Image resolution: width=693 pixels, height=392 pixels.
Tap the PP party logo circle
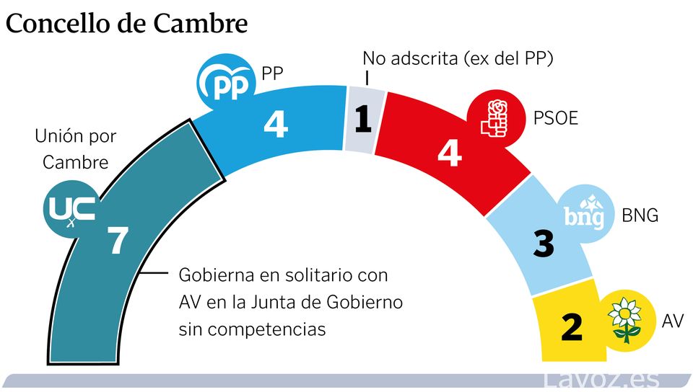pos(227,84)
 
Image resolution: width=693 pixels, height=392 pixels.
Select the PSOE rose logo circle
pos(496,120)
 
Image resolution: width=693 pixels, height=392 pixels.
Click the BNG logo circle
pos(584,214)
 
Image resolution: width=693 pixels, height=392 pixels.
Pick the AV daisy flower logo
pos(624,319)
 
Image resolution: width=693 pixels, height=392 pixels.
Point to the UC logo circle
pos(70,209)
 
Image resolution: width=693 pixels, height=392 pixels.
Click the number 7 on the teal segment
pos(117,241)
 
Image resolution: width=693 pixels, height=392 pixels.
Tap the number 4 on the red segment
pos(449,152)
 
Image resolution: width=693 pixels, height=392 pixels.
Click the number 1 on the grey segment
pos(363,120)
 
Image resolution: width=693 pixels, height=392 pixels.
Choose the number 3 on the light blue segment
pos(543,243)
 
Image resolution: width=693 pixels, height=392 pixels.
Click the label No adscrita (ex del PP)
pos(458,58)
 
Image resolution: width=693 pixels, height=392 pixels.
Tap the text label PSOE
pos(556,117)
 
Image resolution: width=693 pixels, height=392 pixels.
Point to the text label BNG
pos(640,215)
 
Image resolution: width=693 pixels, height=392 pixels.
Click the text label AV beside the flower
pos(672,321)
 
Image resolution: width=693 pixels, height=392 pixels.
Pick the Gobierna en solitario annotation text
pos(290,303)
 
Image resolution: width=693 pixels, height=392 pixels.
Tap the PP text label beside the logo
pos(273,73)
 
